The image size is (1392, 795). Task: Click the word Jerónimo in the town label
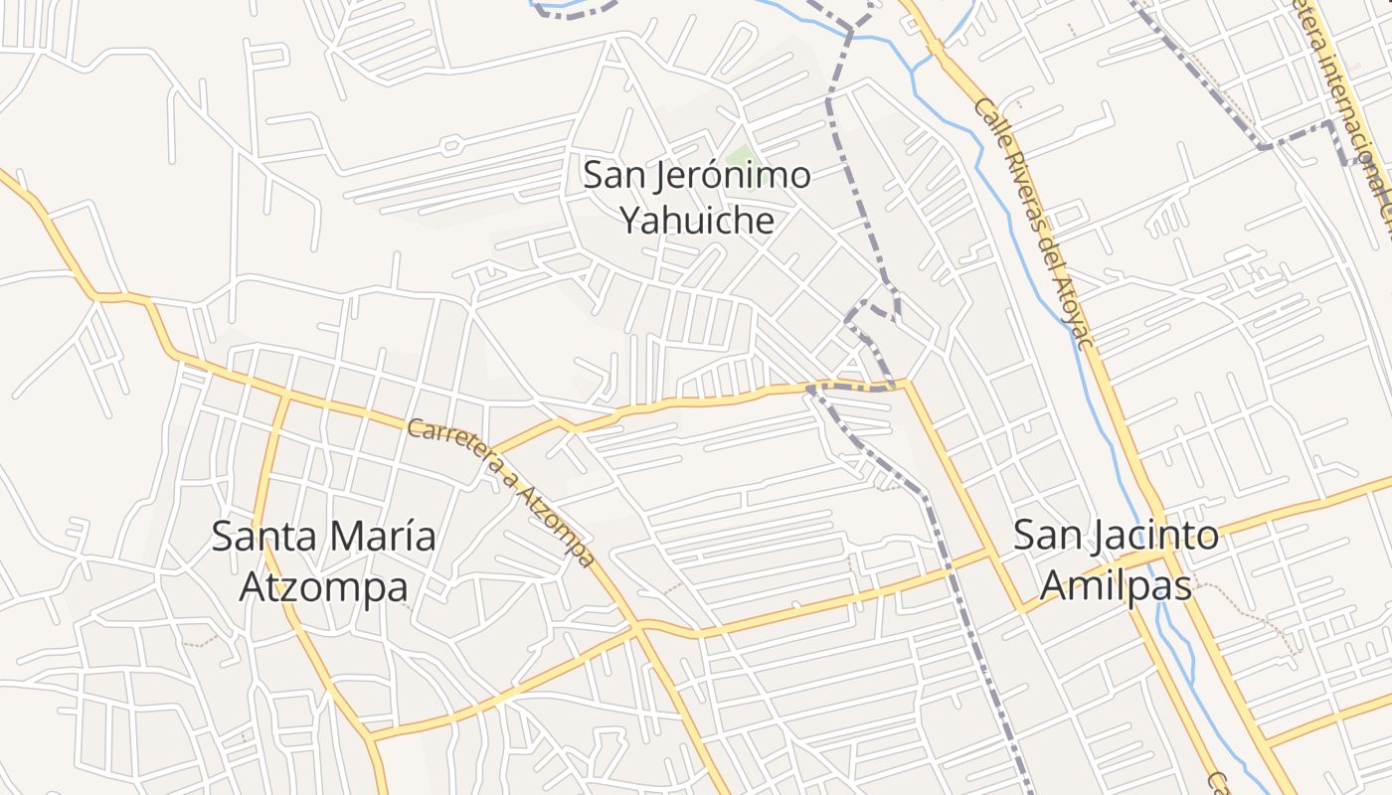734,177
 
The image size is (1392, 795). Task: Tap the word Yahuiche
697,220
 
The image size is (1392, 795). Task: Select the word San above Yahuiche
612,177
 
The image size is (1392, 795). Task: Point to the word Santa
264,537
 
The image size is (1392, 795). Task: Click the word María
382,537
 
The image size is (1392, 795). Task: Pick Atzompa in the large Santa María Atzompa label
324,587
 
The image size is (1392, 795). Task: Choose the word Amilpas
1116,586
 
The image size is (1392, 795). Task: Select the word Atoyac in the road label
1077,316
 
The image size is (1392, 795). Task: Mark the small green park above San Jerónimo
740,156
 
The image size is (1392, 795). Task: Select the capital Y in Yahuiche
631,220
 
